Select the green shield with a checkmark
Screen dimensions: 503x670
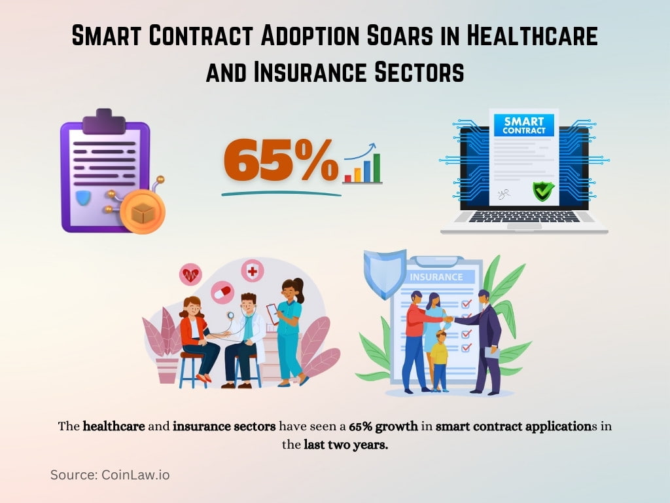point(542,191)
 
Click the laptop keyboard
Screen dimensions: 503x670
point(523,217)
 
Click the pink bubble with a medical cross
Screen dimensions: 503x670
point(252,270)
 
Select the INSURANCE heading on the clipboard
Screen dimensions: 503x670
point(436,276)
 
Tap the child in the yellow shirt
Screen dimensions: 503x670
point(440,359)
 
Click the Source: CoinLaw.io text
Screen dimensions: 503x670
point(110,475)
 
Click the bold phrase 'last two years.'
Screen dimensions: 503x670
point(345,445)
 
